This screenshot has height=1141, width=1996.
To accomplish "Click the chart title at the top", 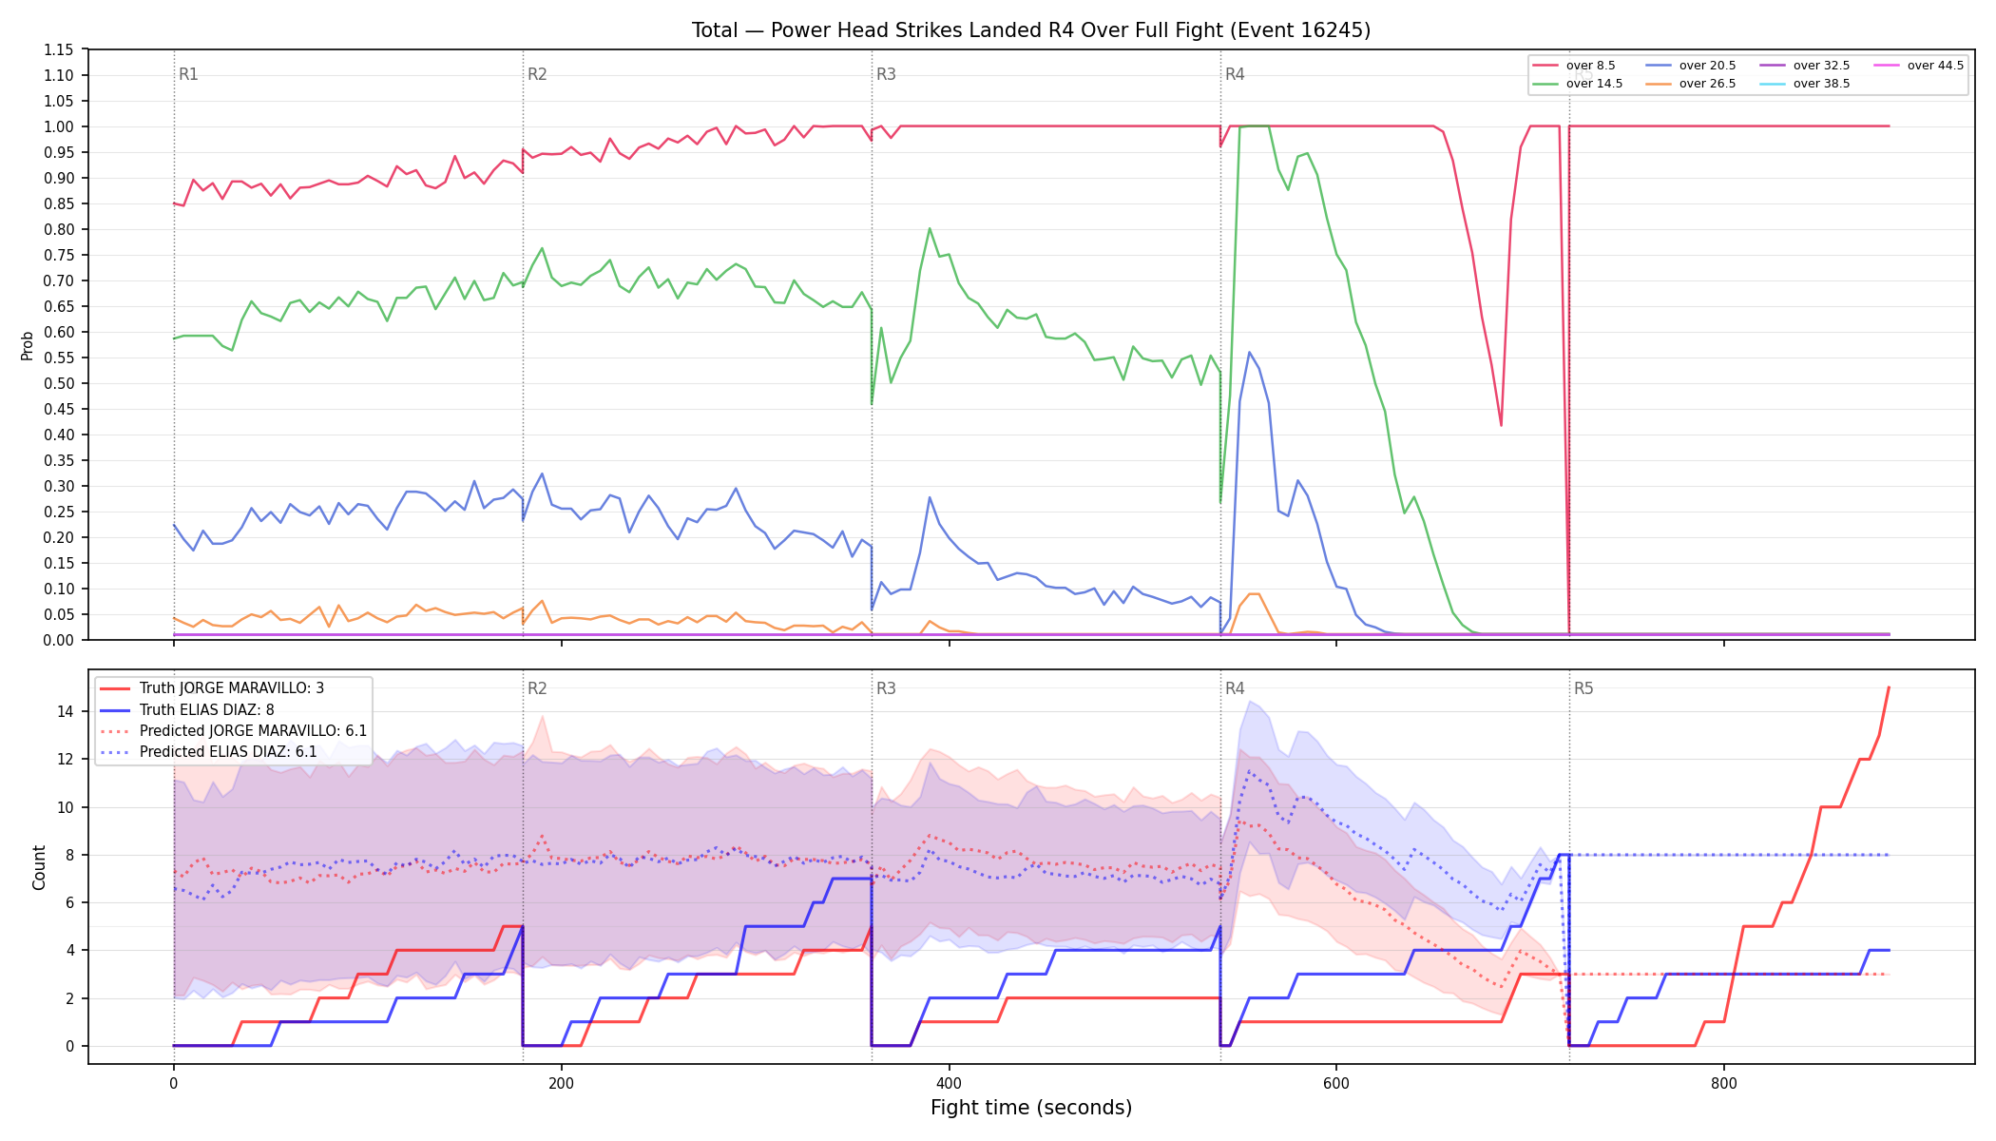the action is [x=1031, y=30].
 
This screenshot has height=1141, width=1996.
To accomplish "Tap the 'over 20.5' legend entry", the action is [x=1691, y=66].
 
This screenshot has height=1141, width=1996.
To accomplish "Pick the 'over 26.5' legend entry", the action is [x=1691, y=84].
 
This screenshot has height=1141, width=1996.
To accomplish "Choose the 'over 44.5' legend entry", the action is [x=1919, y=66].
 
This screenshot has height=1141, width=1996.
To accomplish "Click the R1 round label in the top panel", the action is [x=188, y=74].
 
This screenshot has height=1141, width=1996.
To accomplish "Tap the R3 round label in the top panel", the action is [x=886, y=74].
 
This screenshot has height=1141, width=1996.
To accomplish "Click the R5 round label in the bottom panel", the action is [x=1583, y=688].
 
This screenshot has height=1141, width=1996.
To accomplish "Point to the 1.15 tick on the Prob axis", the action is [x=58, y=49].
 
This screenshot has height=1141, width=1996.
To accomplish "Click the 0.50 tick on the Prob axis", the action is [x=58, y=383].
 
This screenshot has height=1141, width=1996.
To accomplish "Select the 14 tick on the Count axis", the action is [x=65, y=711].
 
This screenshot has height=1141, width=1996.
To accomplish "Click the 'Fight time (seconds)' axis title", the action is [x=1031, y=1108].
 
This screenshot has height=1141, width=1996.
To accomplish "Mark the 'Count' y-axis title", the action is [x=39, y=867].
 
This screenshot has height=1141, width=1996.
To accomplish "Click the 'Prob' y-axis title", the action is [x=27, y=345].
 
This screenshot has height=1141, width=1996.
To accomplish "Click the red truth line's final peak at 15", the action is [x=1889, y=687].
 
